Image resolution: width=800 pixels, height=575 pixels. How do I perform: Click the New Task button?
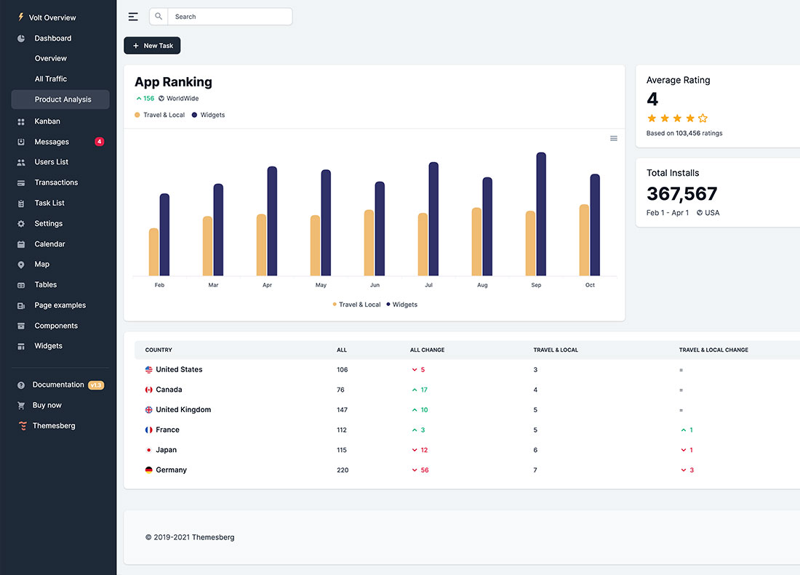click(152, 46)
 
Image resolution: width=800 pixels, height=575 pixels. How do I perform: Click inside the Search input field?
click(229, 17)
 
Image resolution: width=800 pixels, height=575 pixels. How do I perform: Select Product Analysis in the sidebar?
click(63, 100)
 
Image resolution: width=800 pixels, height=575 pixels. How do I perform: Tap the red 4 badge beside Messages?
click(100, 142)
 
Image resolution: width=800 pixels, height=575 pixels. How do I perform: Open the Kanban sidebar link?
click(47, 121)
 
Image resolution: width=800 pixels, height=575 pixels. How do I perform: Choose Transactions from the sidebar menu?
click(56, 182)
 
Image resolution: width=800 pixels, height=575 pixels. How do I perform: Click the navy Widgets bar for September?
click(541, 214)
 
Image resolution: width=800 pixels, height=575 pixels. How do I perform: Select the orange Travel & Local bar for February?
click(153, 252)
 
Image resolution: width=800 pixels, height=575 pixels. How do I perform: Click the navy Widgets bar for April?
click(272, 221)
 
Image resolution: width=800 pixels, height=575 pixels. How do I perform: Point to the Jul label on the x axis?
click(428, 285)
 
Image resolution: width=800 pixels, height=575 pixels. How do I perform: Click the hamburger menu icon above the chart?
click(614, 138)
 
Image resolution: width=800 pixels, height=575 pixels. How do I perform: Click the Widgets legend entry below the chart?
click(401, 305)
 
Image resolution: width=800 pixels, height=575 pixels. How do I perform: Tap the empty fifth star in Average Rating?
click(703, 118)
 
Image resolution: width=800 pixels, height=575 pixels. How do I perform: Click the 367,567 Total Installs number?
click(681, 194)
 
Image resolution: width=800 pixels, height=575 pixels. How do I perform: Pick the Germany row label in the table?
click(171, 470)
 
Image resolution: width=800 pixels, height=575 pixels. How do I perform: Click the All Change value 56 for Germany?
click(424, 470)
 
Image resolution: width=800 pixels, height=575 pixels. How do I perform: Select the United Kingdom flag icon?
click(149, 410)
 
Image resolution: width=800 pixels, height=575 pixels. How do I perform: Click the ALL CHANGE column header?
click(427, 350)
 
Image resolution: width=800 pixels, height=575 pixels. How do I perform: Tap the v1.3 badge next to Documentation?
click(96, 385)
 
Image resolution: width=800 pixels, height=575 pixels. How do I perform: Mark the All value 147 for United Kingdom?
click(342, 410)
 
